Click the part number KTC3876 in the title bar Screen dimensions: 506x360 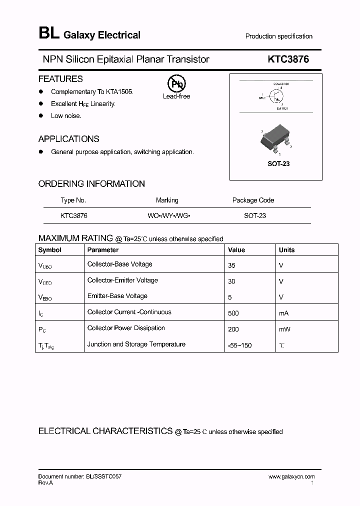(x=288, y=59)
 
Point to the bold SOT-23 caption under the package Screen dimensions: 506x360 (x=279, y=164)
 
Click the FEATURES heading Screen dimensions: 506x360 (x=60, y=79)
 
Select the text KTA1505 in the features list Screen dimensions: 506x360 (x=120, y=92)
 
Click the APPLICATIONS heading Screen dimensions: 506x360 (x=68, y=139)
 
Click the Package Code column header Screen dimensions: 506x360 (x=253, y=200)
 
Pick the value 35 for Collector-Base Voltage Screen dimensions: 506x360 (x=231, y=265)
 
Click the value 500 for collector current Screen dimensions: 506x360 (x=233, y=313)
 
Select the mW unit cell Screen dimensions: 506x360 (x=284, y=329)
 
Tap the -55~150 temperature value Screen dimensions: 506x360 (x=239, y=345)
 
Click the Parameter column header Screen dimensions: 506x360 (x=102, y=250)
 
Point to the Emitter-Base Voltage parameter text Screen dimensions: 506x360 (x=117, y=296)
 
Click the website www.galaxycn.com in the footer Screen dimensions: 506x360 (x=291, y=477)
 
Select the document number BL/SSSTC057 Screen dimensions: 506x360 (x=102, y=477)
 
